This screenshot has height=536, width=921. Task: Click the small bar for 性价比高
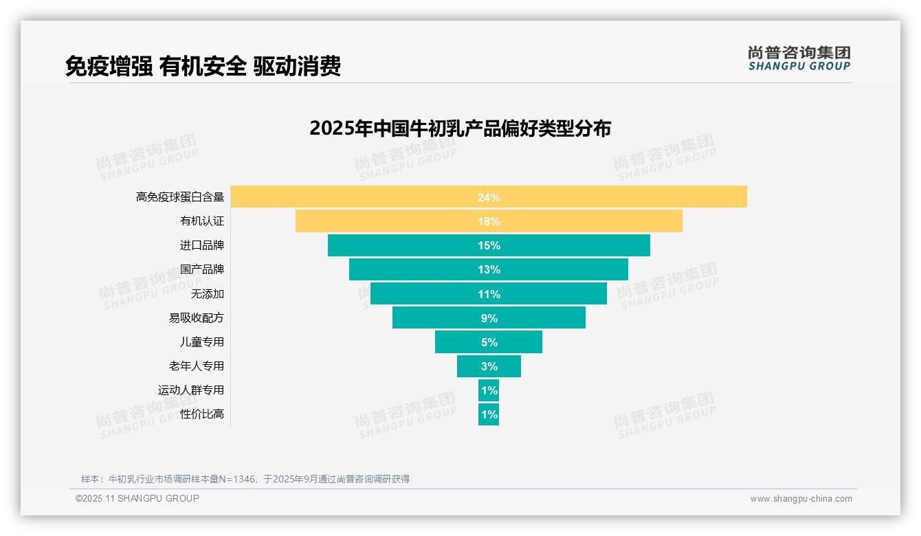[x=489, y=414]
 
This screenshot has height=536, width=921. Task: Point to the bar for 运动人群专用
[x=489, y=390]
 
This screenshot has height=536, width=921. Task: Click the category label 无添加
[x=208, y=294]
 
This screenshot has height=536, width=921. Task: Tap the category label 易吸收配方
[x=197, y=318]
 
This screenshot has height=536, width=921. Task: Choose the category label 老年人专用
[x=197, y=366]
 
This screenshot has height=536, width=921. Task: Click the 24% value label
[x=489, y=197]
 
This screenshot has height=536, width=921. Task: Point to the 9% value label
[x=489, y=318]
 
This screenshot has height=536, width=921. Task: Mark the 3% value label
[x=489, y=366]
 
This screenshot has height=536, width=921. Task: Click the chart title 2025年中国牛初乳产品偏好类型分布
[x=460, y=129]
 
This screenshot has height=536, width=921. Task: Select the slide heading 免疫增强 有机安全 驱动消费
[x=203, y=67]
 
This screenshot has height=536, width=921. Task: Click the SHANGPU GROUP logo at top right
[x=799, y=58]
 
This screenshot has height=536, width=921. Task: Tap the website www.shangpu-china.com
[x=801, y=499]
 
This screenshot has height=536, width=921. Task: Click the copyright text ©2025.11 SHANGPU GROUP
[x=137, y=498]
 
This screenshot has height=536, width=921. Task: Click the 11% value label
[x=489, y=294]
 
